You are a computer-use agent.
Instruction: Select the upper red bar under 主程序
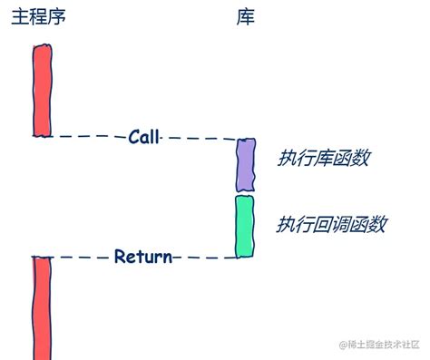42,91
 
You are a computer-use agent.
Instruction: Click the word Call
143,138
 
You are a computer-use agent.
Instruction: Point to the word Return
143,257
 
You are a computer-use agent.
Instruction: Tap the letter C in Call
132,138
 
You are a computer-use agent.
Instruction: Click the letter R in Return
120,257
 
